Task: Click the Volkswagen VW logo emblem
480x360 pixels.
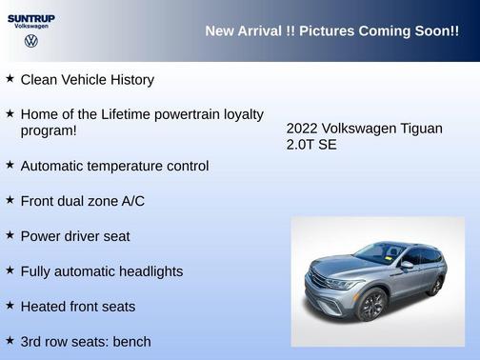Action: [x=31, y=42]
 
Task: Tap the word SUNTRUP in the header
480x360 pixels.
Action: [x=31, y=18]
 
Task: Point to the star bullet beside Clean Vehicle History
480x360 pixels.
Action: [x=10, y=79]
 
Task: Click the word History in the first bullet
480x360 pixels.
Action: [x=129, y=80]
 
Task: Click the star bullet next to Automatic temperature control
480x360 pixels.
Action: [x=10, y=165]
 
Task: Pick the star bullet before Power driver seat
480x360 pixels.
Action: [x=10, y=235]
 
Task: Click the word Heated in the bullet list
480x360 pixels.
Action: [x=43, y=307]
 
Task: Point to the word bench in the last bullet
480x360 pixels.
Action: [x=132, y=341]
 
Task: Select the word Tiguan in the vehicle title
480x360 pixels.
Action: [x=420, y=129]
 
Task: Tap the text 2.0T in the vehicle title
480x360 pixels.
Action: [x=301, y=145]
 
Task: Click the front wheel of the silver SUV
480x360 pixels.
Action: [x=371, y=306]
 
